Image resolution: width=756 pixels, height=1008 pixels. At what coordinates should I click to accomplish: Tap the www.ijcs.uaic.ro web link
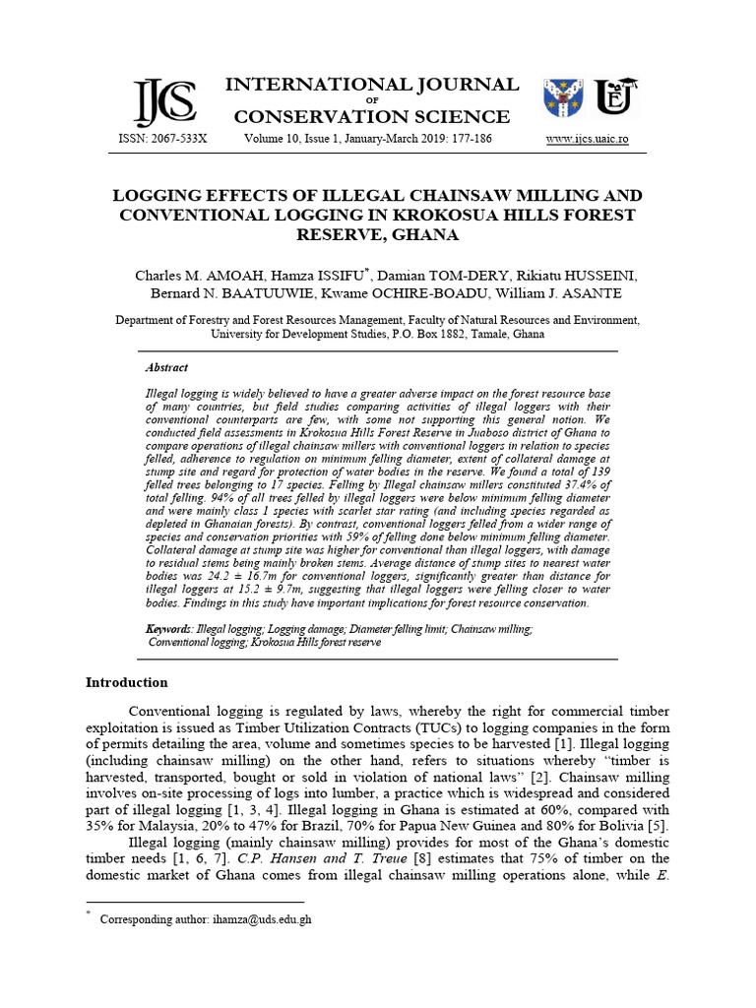click(588, 140)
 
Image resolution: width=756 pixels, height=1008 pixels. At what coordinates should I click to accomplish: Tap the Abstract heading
click(166, 367)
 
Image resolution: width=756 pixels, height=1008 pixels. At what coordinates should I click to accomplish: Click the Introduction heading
click(126, 682)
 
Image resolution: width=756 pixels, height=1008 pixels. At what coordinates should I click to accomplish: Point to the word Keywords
click(168, 627)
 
